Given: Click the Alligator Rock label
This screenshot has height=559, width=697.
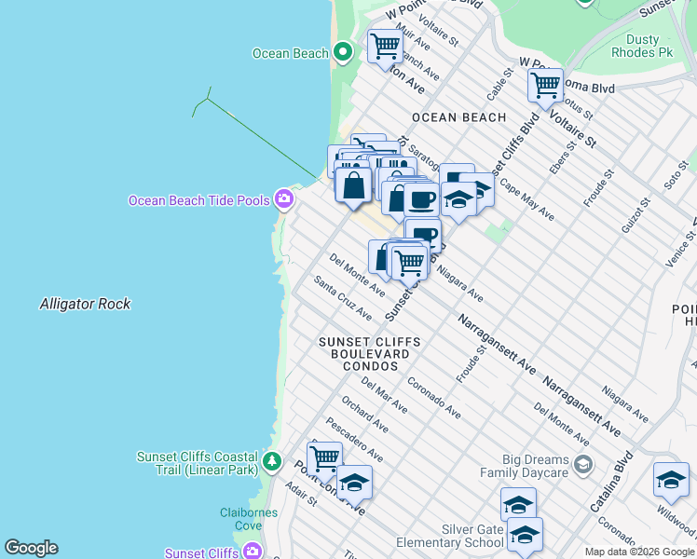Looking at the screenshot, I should pos(85,304).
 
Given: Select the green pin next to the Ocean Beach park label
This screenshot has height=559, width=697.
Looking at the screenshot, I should pos(342,52).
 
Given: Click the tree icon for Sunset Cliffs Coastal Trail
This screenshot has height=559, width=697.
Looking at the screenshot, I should pos(271,461).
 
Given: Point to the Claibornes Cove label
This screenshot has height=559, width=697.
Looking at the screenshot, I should pos(241,519).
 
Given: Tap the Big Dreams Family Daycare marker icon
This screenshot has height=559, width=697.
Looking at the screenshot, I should pos(582,464).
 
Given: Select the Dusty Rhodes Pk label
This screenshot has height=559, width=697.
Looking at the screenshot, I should pos(641,47).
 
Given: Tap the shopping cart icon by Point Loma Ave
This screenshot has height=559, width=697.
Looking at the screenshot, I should pos(324,457).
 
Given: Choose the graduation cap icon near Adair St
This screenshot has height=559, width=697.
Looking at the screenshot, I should pos(353,482).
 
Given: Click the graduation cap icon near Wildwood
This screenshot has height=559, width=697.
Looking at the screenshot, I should pos(671,479).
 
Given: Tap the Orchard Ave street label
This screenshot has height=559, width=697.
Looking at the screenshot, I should pos(364,415).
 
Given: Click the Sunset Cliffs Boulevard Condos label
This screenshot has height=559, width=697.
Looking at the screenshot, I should pos(370,354).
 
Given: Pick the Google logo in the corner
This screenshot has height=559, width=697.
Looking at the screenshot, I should pos(32,548).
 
